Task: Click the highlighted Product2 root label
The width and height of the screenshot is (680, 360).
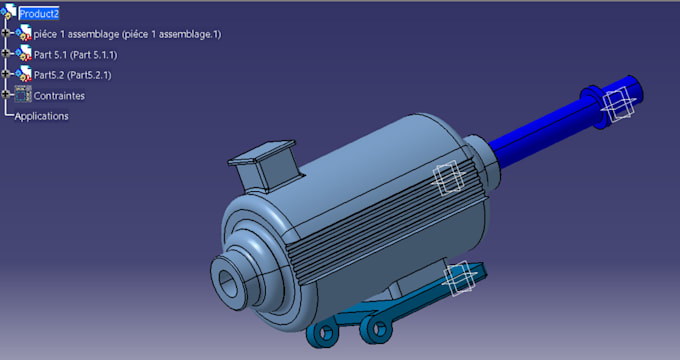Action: (39, 14)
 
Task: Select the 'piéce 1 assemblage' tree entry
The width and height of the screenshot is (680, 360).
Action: (127, 34)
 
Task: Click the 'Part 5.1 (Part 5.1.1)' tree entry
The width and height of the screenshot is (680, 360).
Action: (75, 55)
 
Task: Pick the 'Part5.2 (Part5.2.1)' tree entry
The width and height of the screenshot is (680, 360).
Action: (72, 75)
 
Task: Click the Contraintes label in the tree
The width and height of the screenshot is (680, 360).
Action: (59, 96)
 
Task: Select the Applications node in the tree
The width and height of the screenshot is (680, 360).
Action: (42, 116)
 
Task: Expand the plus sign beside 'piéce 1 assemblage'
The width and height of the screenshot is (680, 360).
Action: (5, 33)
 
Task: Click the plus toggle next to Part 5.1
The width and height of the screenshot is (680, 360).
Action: (5, 53)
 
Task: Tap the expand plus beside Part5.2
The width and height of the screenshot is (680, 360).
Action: (5, 74)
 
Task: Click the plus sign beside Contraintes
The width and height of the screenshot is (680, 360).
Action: (5, 94)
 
